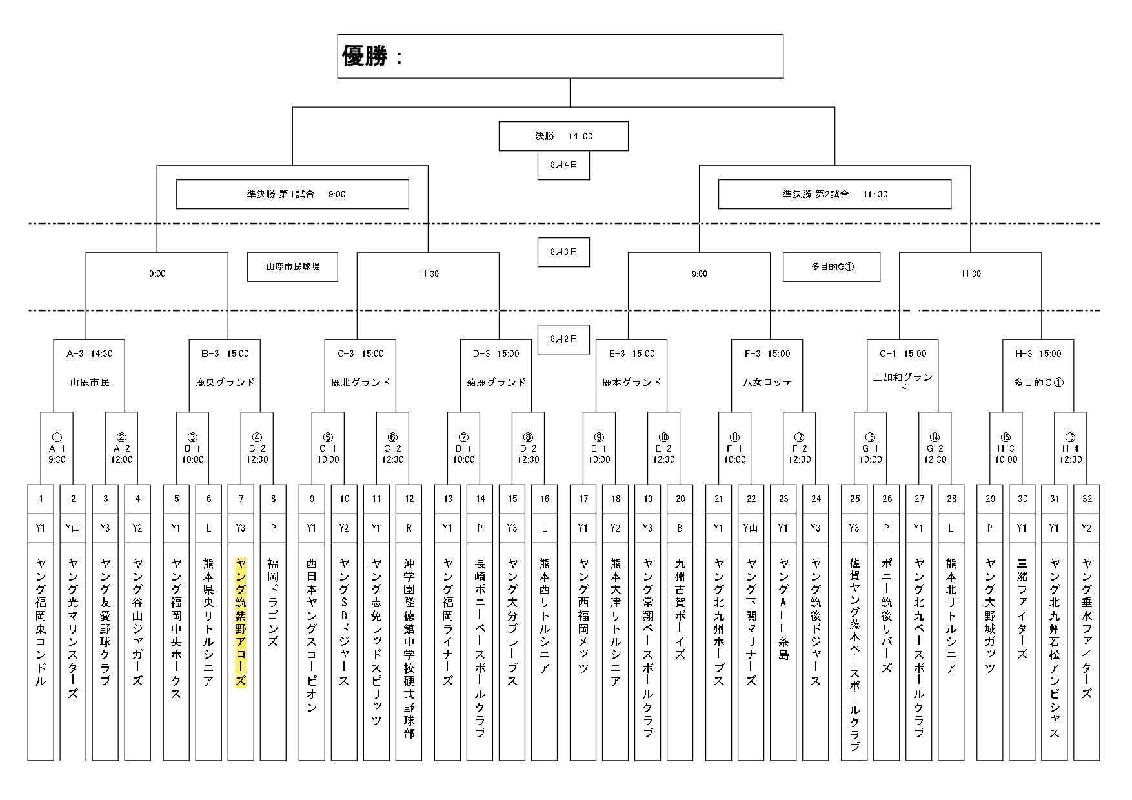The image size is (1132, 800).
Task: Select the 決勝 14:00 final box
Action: [563, 136]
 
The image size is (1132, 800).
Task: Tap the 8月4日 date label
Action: [563, 165]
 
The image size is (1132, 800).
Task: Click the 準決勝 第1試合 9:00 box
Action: [292, 194]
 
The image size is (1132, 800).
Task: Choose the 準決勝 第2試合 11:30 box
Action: [834, 194]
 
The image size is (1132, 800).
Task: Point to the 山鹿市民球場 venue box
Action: [292, 266]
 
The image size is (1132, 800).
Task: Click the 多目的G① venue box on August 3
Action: [831, 266]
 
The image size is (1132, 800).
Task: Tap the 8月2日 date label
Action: [563, 339]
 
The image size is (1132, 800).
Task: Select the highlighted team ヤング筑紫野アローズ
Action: [241, 623]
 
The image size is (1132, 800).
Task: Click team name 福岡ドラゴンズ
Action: [273, 603]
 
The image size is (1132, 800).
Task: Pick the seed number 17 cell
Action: [583, 499]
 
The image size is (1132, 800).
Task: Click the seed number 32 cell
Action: [1086, 499]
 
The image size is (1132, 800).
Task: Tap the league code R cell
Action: [409, 528]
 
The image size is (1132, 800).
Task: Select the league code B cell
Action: [680, 528]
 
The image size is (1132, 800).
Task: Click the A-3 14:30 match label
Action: [89, 354]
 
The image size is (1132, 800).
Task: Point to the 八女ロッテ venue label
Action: [767, 383]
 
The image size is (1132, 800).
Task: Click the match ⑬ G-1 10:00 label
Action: [870, 448]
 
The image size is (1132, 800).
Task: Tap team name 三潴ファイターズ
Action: [1022, 609]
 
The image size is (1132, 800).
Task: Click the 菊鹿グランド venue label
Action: [496, 383]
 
